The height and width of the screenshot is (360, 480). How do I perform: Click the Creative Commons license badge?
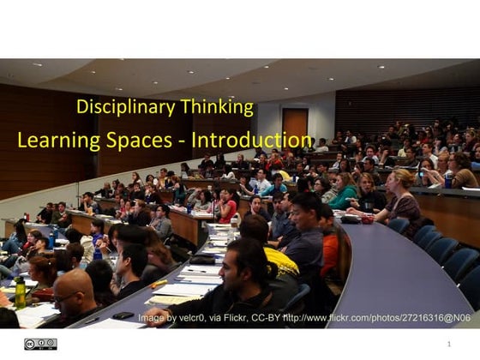[x=39, y=344]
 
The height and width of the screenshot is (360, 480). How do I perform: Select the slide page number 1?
[x=448, y=344]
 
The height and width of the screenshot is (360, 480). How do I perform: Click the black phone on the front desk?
[x=123, y=315]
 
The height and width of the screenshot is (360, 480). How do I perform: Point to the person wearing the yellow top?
[x=278, y=257]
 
